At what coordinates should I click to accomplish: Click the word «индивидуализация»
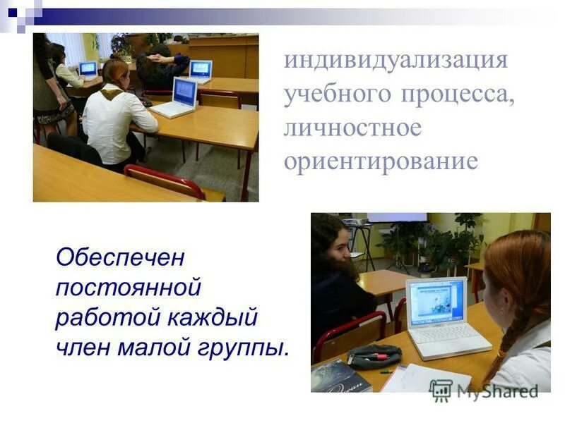395,59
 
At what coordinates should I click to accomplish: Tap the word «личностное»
352,128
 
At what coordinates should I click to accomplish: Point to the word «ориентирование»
381,161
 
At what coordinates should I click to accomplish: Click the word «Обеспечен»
119,257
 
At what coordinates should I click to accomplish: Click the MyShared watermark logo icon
441,390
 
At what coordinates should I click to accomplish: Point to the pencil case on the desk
374,356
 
